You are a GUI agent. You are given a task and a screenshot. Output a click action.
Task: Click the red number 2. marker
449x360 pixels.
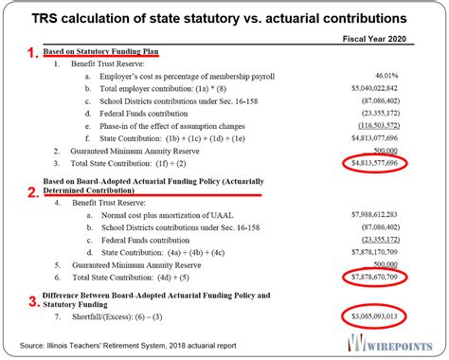31,190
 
